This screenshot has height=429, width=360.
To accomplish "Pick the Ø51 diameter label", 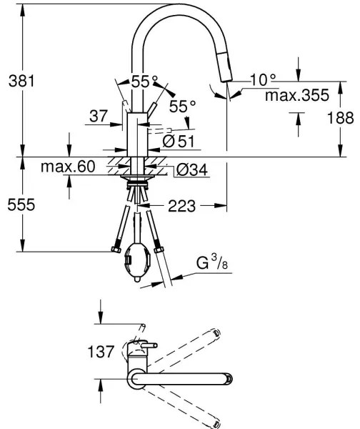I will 179,142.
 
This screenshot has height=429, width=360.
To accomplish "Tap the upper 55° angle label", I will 141,81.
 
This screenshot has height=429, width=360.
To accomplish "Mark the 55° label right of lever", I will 181,106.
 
